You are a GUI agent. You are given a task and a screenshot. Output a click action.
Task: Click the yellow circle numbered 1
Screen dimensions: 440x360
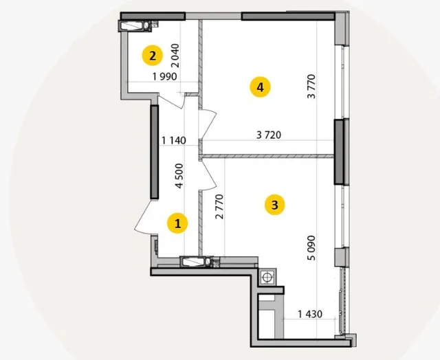(177, 223)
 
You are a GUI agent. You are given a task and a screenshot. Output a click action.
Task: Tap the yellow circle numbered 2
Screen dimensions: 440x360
(153, 56)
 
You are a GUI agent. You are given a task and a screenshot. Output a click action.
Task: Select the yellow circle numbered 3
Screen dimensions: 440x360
(275, 205)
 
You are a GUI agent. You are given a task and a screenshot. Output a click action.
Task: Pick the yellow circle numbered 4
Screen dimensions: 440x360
(260, 87)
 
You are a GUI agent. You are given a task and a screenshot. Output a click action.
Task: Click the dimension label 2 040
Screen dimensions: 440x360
(175, 56)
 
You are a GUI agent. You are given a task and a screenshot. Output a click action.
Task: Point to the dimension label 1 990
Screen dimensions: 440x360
(165, 76)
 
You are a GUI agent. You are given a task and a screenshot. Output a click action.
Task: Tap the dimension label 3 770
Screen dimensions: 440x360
(311, 87)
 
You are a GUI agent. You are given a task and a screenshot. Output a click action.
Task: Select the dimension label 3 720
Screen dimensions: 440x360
(269, 135)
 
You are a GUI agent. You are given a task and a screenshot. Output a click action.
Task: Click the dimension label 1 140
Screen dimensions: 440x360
(174, 140)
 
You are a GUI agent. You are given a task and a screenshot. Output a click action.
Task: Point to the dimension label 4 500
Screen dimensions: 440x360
(179, 176)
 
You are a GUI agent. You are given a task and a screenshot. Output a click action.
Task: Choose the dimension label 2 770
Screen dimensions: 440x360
(219, 206)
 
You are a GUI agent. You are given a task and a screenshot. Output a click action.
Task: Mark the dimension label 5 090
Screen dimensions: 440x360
(311, 248)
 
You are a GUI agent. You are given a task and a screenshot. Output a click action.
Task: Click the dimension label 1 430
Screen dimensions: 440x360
(310, 314)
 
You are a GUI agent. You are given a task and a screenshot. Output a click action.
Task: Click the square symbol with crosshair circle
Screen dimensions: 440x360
(267, 278)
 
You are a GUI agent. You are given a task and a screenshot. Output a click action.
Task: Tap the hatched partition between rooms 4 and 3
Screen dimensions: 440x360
(267, 156)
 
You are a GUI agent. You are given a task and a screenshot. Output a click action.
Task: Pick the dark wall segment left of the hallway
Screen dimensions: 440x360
(154, 152)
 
